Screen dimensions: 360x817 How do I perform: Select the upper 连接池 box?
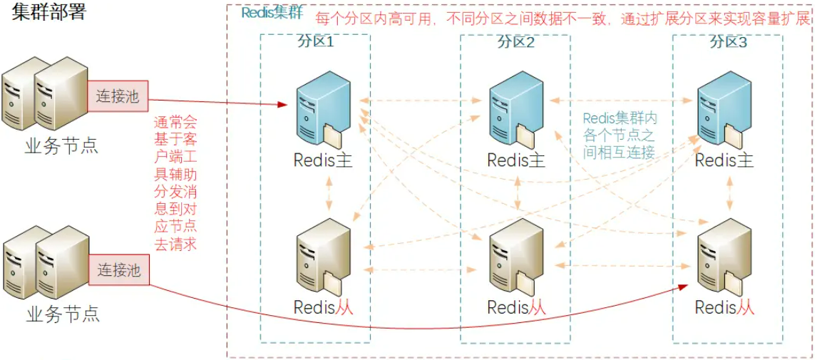point(118,96)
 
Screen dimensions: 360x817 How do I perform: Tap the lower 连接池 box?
point(119,270)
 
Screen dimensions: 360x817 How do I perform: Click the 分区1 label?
point(315,41)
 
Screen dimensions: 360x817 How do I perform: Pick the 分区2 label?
point(515,41)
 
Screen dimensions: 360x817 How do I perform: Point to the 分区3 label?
point(728,41)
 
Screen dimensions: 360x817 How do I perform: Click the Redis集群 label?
point(271,13)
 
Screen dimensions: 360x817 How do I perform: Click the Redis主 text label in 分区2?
point(516,160)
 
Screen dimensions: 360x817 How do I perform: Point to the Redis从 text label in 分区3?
point(724,308)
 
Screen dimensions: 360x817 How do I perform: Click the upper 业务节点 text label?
point(61,147)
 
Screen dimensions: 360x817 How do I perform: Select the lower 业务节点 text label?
point(62,314)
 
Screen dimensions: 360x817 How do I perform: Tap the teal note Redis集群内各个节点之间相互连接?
point(618,134)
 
